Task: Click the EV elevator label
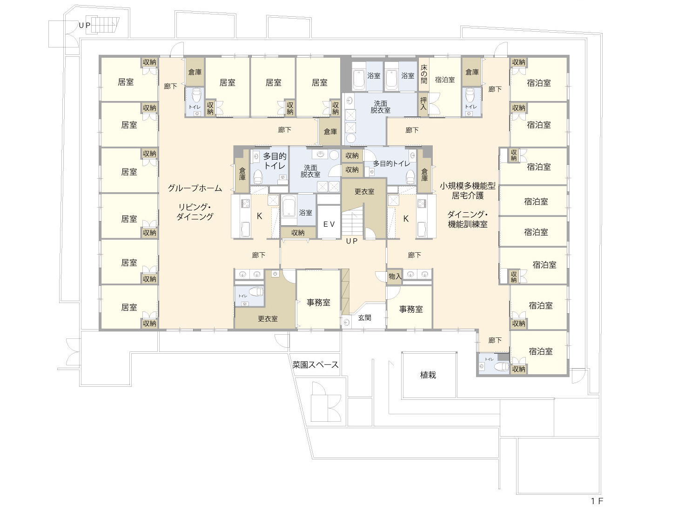click(x=329, y=224)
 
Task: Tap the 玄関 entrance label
click(x=364, y=317)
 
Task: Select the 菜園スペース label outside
click(x=316, y=365)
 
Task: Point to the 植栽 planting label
click(x=428, y=375)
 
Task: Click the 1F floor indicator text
click(x=597, y=501)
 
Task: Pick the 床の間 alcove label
click(x=424, y=74)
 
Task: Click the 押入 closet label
click(x=423, y=103)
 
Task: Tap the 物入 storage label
click(x=395, y=276)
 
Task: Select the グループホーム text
click(x=195, y=188)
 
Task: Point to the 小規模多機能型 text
click(x=468, y=186)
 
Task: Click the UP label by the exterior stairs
click(x=85, y=26)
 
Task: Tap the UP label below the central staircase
click(x=351, y=241)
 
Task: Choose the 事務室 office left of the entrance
click(x=318, y=303)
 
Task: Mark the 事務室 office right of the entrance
click(x=411, y=310)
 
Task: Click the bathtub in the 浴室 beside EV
click(x=289, y=209)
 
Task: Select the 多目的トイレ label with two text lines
click(x=275, y=161)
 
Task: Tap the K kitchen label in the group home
click(x=260, y=216)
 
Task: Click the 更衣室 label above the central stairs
click(x=364, y=192)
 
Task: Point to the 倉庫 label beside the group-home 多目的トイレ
click(x=242, y=174)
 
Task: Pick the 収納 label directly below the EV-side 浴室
click(x=298, y=233)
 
